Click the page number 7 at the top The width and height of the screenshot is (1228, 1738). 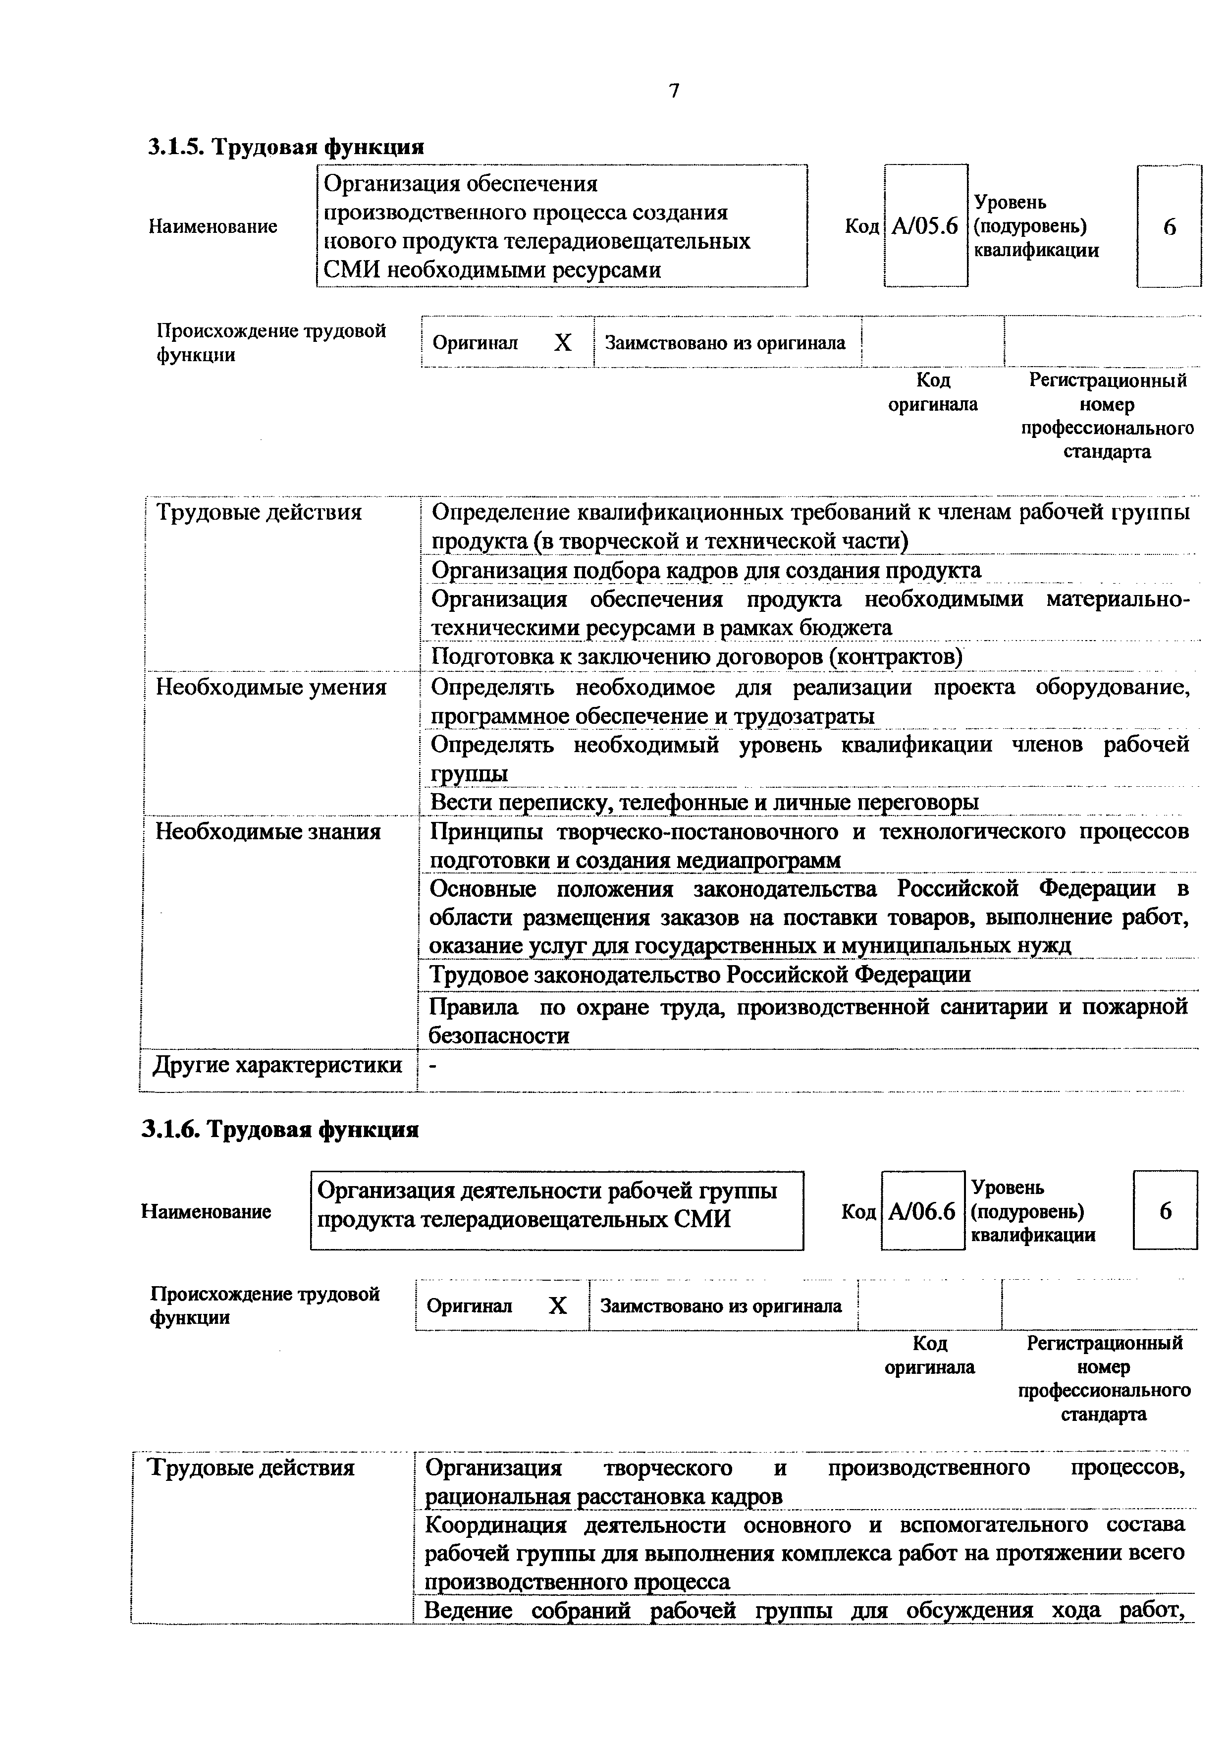674,91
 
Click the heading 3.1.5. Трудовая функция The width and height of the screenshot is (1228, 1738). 285,146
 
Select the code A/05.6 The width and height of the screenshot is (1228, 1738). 925,225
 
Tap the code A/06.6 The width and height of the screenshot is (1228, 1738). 921,1211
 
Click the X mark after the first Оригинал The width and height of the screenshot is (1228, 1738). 562,343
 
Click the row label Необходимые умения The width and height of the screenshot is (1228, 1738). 271,687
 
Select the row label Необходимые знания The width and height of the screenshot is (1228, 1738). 268,832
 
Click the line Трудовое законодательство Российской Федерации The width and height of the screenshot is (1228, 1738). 700,974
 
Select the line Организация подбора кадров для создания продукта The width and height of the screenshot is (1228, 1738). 706,570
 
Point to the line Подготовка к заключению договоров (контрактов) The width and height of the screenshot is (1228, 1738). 696,656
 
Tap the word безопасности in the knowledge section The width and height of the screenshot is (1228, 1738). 499,1035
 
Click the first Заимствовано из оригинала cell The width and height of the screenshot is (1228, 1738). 725,343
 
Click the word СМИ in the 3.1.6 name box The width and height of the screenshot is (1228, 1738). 706,1219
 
